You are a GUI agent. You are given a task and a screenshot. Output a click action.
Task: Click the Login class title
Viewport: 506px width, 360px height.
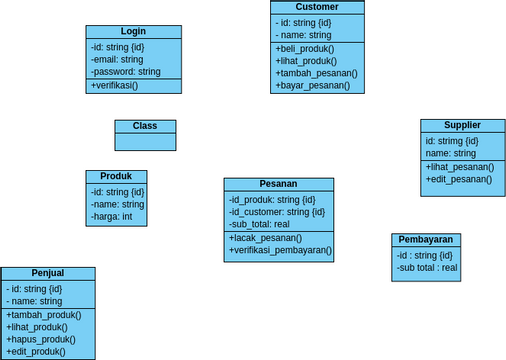click(x=133, y=32)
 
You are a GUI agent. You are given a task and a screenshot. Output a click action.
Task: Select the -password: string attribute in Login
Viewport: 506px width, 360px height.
click(x=125, y=72)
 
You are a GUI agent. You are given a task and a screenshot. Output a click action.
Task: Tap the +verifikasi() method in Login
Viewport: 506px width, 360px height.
click(x=114, y=86)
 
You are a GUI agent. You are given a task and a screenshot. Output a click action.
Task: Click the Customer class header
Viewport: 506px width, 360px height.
click(x=317, y=7)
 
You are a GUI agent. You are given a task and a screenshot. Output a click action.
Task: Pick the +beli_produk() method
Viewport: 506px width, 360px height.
click(x=305, y=48)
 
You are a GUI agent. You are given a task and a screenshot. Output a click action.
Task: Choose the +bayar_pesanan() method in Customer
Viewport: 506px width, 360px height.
click(x=313, y=86)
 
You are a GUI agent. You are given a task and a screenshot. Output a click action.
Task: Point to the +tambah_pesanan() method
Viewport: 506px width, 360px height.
click(x=316, y=73)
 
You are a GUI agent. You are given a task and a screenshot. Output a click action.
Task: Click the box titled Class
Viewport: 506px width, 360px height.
click(x=145, y=126)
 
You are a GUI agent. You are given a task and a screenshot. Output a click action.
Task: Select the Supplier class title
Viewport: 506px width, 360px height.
click(x=463, y=125)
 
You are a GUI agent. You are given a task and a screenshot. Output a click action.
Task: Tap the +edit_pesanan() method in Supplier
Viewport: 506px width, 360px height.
click(x=459, y=179)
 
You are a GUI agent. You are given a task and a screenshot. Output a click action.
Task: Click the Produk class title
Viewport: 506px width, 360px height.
click(x=116, y=176)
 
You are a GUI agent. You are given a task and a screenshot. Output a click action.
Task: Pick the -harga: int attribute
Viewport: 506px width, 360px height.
click(x=112, y=216)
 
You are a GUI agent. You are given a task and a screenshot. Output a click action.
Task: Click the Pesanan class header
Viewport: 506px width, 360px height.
click(x=278, y=184)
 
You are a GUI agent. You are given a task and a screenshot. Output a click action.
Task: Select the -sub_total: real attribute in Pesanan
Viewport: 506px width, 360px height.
click(x=259, y=224)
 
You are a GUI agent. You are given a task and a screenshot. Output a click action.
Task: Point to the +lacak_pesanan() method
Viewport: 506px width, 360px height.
click(x=266, y=239)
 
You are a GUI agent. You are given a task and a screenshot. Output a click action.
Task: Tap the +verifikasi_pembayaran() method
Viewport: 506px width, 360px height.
click(x=281, y=252)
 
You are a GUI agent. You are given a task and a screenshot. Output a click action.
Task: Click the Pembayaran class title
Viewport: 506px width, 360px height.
click(x=426, y=240)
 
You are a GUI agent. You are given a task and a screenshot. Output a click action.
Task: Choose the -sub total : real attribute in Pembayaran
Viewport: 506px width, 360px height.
click(x=427, y=268)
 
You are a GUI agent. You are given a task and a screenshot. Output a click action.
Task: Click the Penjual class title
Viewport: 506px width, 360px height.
click(x=48, y=273)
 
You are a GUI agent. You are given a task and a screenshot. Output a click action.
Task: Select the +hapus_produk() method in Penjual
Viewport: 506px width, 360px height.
click(x=41, y=339)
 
